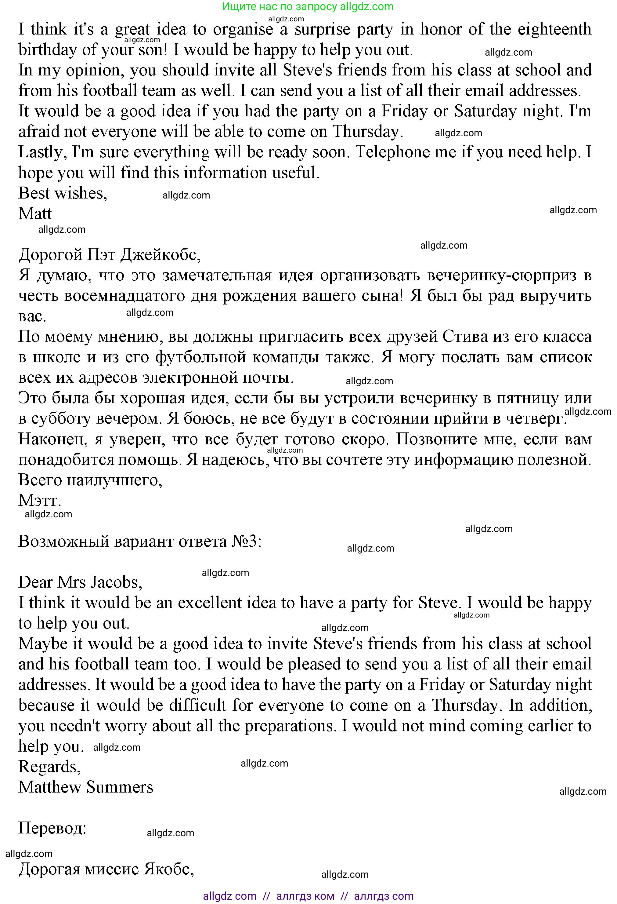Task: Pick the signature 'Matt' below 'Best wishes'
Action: pos(35,213)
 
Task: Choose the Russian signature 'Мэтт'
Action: pos(39,500)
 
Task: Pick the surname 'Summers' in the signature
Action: pos(120,787)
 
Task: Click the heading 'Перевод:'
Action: pos(52,828)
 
